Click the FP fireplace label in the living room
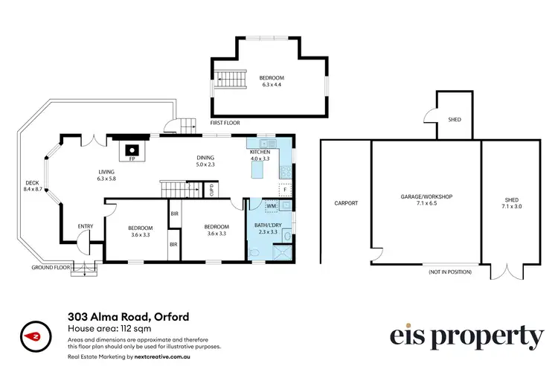click(132, 159)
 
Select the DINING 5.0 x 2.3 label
click(205, 161)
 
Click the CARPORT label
click(346, 203)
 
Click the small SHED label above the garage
click(454, 119)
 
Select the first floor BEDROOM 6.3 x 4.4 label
click(271, 81)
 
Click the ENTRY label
click(86, 226)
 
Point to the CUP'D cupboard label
click(211, 189)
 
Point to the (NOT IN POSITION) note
click(450, 272)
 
